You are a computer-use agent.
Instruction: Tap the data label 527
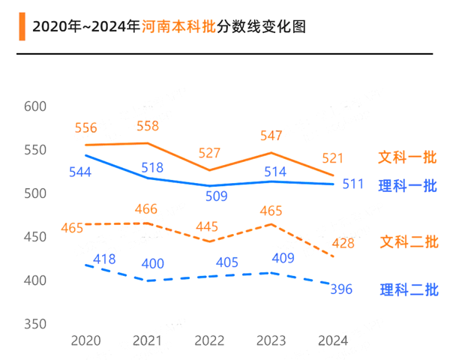tap(209, 153)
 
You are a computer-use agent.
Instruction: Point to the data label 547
tap(271, 136)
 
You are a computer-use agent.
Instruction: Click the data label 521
tap(332, 158)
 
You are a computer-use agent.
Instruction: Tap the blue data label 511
tap(353, 184)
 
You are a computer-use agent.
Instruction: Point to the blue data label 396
tap(341, 289)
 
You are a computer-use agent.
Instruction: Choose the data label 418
tap(104, 259)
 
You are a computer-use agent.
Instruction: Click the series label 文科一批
tap(407, 158)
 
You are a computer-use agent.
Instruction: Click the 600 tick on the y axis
tap(35, 107)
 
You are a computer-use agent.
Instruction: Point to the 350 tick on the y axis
tap(35, 324)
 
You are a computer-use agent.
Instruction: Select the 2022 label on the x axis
tap(209, 341)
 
